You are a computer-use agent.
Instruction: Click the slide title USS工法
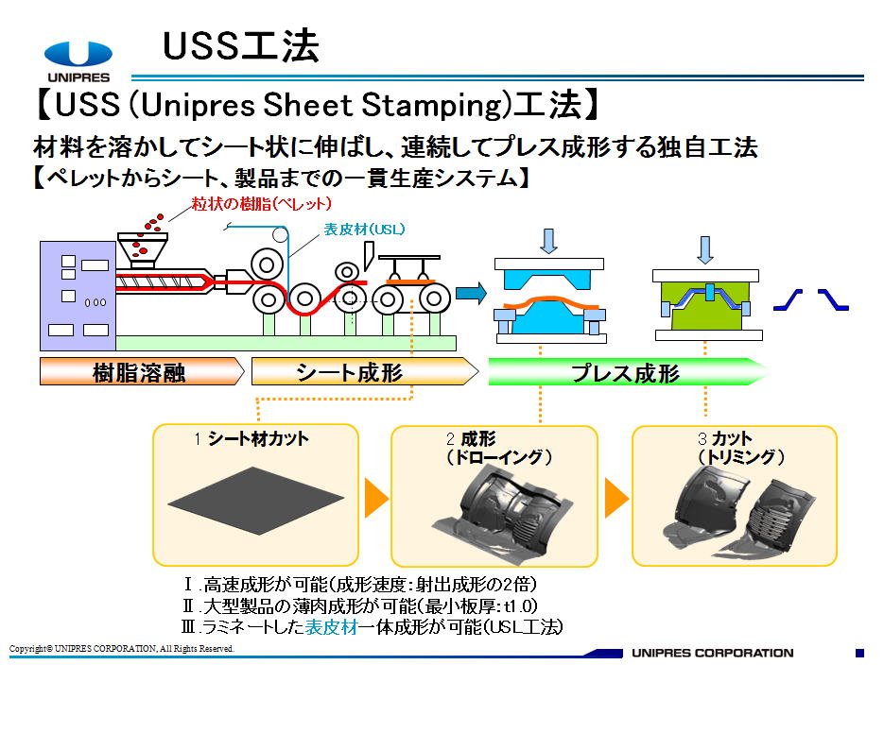point(241,45)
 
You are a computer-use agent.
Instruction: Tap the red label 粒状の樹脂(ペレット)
point(261,204)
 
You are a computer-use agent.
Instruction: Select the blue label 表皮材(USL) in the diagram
point(364,230)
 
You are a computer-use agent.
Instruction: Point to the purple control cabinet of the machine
point(78,296)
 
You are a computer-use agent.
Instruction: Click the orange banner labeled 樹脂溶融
point(142,372)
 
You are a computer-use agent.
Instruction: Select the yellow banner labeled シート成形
point(365,372)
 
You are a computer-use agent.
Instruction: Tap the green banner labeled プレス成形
point(627,372)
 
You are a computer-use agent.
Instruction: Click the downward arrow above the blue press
point(548,241)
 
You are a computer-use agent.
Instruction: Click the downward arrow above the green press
point(704,249)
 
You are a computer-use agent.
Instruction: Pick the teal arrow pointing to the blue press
point(471,293)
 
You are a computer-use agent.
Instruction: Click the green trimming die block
point(705,306)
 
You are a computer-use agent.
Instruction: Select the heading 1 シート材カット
point(251,439)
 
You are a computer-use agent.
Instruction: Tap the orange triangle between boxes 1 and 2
point(375,498)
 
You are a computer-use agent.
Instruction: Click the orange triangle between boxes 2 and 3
point(616,498)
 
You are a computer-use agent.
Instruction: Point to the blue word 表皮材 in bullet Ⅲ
point(332,627)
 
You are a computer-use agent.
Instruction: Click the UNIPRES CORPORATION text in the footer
point(713,653)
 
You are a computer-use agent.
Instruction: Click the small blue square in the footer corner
point(859,653)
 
